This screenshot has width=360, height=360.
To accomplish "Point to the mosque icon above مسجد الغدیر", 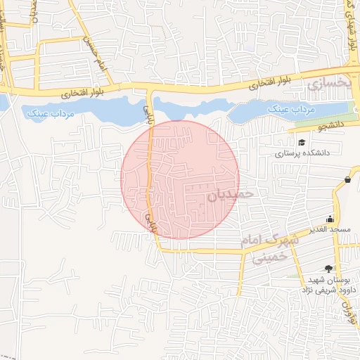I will pos(330,219).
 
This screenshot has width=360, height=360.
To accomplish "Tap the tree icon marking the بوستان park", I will pos(329,268).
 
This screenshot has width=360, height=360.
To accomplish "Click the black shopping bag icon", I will pos(348,180).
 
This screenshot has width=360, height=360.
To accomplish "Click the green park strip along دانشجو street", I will pos(321,120).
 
